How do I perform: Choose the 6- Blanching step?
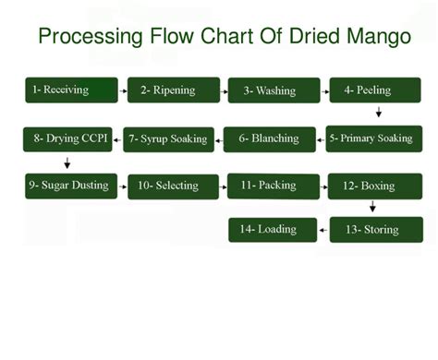click(x=268, y=138)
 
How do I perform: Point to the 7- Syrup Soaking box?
click(x=167, y=139)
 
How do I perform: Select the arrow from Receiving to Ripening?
click(x=123, y=91)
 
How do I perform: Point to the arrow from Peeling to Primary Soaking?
click(x=379, y=113)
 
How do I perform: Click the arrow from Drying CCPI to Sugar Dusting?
click(x=67, y=162)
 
